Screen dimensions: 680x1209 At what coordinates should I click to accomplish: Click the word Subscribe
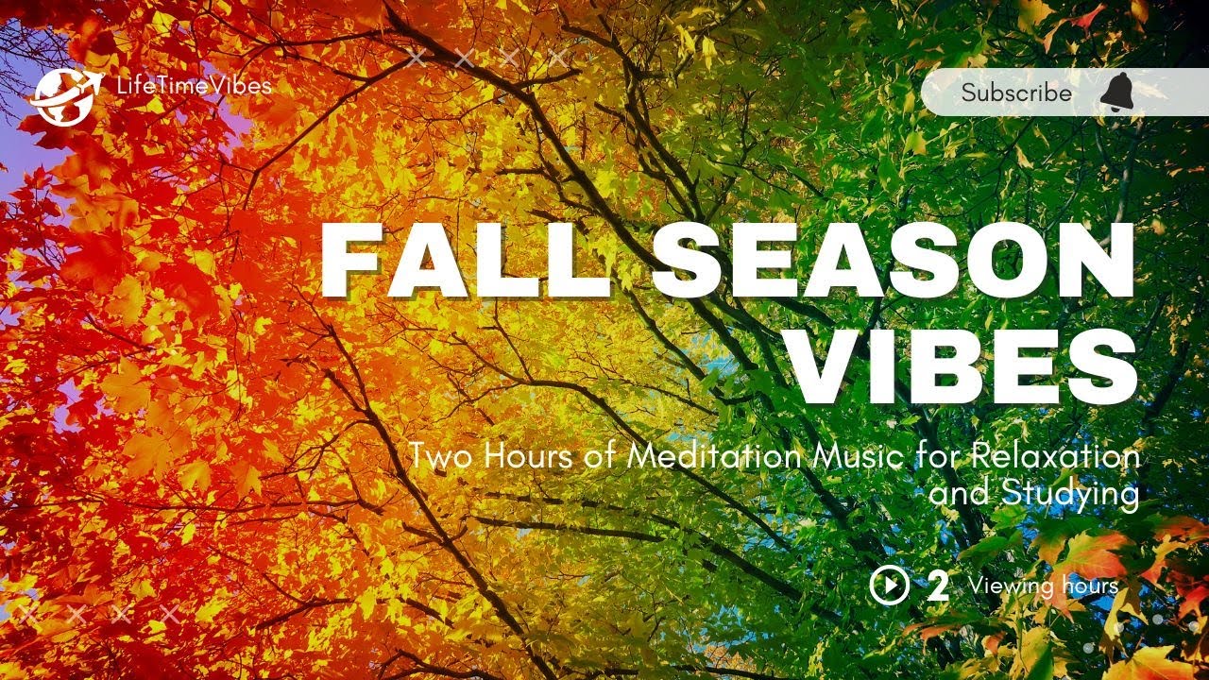click(1016, 93)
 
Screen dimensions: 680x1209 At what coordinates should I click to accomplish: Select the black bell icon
click(1118, 93)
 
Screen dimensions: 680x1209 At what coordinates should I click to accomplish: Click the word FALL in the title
click(460, 260)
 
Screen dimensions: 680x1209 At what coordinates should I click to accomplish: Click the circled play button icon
click(889, 586)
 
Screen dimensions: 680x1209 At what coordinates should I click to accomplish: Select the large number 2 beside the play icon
click(938, 586)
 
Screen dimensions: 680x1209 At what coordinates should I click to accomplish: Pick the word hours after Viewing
click(1086, 586)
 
